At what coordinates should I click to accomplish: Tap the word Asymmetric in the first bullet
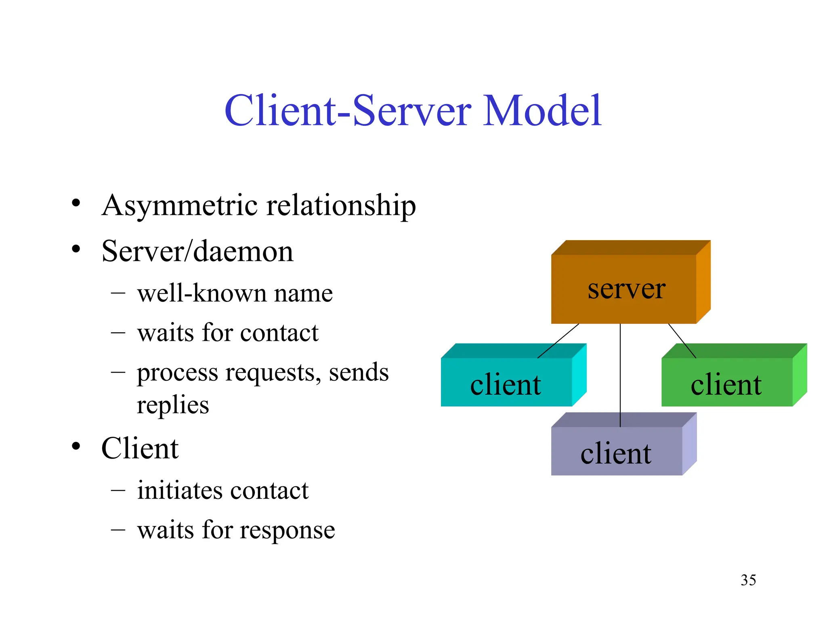[180, 205]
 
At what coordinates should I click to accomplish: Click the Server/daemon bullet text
[197, 251]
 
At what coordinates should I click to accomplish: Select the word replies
[173, 404]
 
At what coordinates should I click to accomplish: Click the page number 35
[748, 580]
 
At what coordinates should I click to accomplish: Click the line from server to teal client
[558, 341]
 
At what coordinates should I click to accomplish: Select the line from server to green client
[682, 341]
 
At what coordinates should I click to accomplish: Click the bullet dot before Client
[76, 446]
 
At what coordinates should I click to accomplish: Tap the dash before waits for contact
[118, 333]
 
